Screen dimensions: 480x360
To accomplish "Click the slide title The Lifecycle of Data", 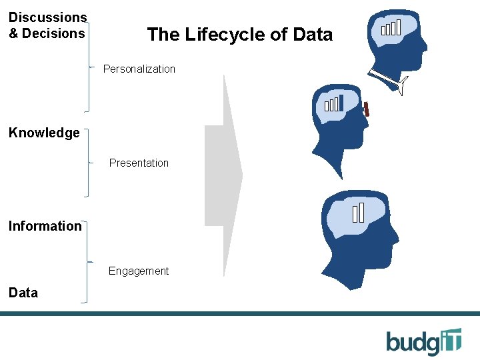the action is [239, 35].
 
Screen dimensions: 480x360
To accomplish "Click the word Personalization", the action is [139, 69].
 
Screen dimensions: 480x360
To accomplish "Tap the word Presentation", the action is [139, 163].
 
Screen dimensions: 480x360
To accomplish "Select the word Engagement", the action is [139, 271].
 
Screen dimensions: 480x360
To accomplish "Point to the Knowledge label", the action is [44, 133].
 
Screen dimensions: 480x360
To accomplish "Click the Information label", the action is [45, 226].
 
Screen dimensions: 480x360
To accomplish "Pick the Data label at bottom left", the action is [23, 293].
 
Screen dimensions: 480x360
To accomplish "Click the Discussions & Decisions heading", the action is [47, 25].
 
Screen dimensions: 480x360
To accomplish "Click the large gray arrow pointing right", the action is [223, 175].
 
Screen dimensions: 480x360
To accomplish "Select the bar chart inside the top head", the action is [391, 28].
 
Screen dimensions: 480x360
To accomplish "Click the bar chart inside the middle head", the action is [333, 103].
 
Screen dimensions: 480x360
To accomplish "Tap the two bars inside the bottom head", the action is [359, 212].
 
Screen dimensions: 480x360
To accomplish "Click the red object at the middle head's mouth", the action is [367, 110].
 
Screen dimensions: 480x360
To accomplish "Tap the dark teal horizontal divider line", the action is [240, 313].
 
